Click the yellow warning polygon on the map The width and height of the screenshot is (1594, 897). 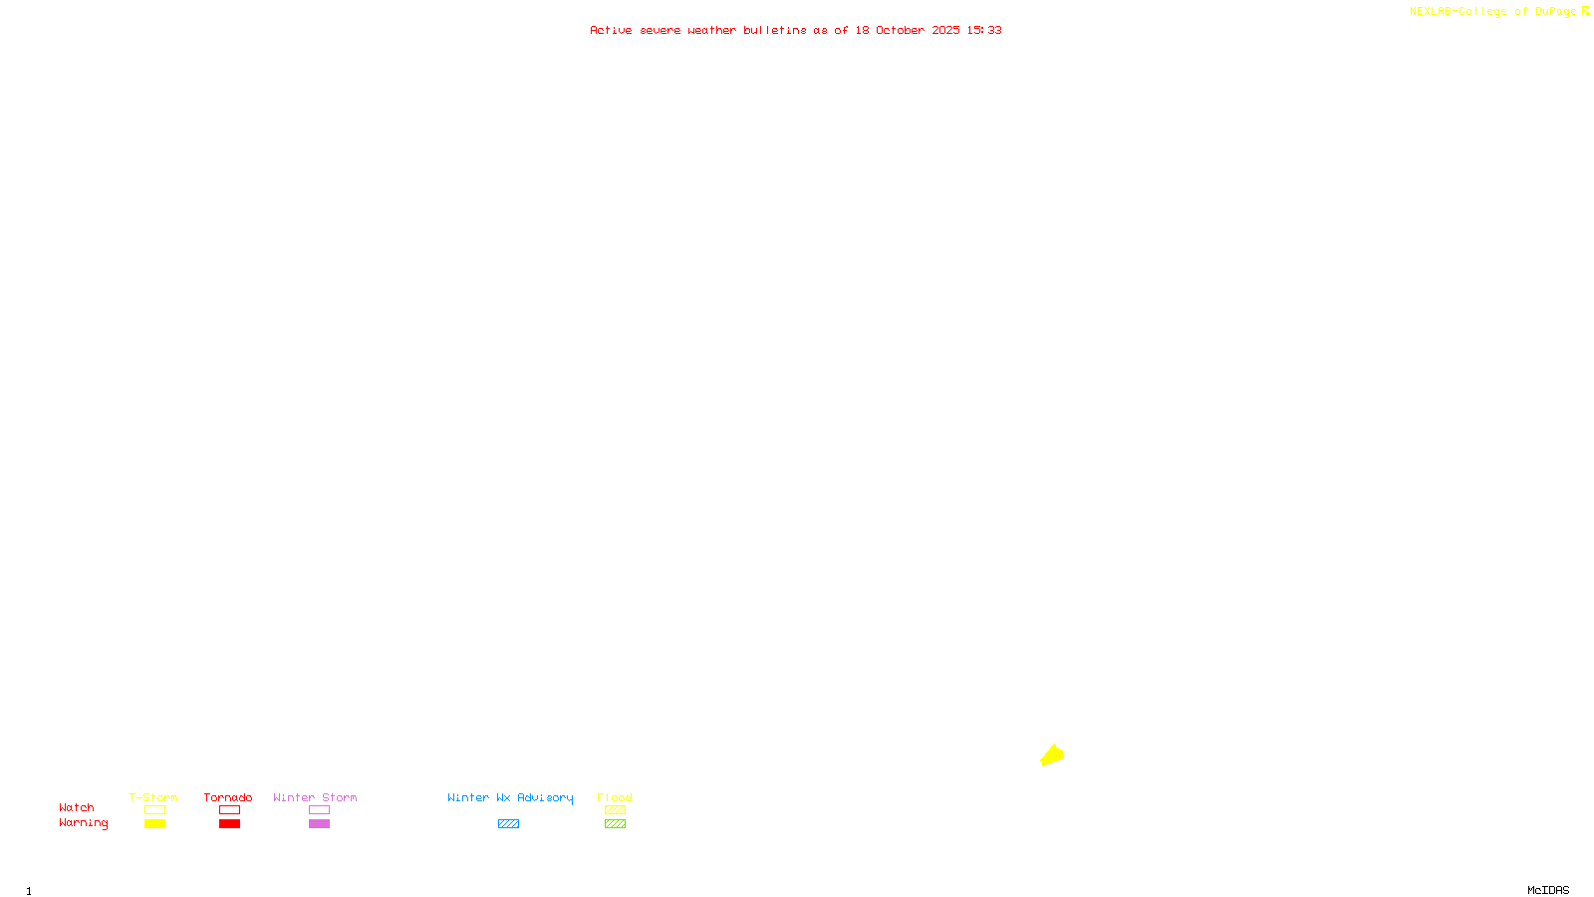coord(1052,755)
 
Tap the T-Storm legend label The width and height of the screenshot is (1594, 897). coord(153,797)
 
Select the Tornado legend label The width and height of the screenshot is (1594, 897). coord(228,797)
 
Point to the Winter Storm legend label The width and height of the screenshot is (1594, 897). coord(315,797)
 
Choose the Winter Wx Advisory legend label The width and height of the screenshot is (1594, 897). coord(510,797)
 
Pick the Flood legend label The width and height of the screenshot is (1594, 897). coord(615,797)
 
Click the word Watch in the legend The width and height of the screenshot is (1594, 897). coord(77,807)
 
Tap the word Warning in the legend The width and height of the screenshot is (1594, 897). coord(84,823)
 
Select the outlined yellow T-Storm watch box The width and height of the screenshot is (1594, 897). coord(154,810)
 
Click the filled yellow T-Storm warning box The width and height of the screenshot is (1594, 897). coord(154,824)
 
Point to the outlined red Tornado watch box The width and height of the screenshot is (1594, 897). coord(229,810)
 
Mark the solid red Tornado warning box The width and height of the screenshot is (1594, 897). coord(229,824)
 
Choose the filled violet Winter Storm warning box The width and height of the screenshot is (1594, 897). coord(319,824)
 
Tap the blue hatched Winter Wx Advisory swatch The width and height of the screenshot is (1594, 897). coord(508,824)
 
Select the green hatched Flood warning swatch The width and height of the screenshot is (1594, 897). coord(615,824)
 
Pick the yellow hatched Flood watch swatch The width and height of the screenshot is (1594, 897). coord(615,810)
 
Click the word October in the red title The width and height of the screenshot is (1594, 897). coord(900,30)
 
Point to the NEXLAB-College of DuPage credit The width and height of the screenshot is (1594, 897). coord(1493,11)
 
